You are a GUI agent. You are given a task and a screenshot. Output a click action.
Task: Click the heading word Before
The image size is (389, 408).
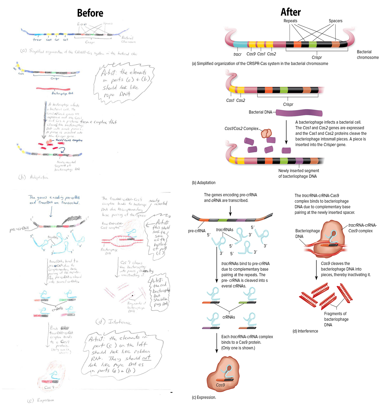click(x=90, y=13)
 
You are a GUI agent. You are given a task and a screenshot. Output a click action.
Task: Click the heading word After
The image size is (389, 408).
click(x=290, y=12)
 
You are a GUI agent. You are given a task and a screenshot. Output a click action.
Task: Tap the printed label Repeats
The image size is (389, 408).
click(x=290, y=21)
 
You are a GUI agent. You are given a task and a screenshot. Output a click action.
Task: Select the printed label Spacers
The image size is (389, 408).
click(x=335, y=21)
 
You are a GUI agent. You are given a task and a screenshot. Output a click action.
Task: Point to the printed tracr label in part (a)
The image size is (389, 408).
click(x=237, y=54)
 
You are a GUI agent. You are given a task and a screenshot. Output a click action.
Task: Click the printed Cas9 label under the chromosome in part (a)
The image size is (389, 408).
click(x=251, y=54)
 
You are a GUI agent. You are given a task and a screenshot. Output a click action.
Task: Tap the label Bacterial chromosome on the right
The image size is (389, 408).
click(x=368, y=54)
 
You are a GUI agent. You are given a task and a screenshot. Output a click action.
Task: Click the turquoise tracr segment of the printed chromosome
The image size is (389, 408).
click(x=240, y=44)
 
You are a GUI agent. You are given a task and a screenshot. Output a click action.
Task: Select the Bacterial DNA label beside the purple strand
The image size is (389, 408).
click(x=260, y=112)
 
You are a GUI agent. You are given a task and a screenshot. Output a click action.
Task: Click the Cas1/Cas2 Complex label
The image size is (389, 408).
click(x=241, y=128)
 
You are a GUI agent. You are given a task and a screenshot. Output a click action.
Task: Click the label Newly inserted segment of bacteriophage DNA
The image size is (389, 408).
click(x=298, y=173)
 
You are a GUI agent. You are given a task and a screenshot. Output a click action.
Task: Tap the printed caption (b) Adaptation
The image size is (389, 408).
click(x=203, y=183)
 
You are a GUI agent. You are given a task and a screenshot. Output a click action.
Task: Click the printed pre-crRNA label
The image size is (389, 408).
click(x=197, y=231)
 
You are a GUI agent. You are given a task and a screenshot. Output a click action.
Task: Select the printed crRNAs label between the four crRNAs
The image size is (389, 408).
click(x=229, y=317)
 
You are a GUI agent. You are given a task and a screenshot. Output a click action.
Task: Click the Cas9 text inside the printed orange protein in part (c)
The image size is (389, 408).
click(x=220, y=385)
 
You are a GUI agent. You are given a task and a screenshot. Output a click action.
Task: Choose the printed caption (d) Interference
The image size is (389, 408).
click(x=305, y=331)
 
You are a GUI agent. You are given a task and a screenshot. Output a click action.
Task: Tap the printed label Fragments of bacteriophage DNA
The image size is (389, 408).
click(x=336, y=319)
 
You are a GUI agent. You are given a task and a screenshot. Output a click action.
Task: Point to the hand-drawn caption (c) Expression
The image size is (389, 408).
click(x=41, y=400)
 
